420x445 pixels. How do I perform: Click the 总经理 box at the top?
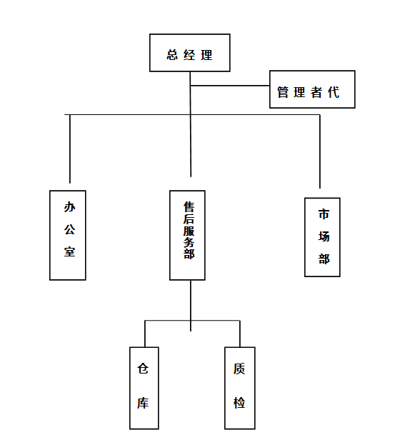tap(189, 53)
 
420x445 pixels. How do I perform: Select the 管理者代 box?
tap(312, 89)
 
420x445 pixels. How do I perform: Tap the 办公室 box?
tap(68, 235)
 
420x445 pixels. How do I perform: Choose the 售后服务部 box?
tap(187, 235)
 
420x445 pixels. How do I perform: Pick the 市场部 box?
tap(322, 237)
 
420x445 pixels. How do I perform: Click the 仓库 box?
tap(144, 388)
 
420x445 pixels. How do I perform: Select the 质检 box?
tap(240, 388)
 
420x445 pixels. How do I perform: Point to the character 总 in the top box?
tap(172, 55)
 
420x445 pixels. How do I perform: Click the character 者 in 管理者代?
tap(316, 93)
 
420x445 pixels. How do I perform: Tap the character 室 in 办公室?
tap(69, 252)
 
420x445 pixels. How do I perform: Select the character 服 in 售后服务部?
tap(189, 231)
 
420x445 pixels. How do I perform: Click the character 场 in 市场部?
tap(324, 236)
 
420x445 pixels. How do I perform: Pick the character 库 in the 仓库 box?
tap(143, 403)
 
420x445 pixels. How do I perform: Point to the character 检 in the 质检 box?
tap(239, 403)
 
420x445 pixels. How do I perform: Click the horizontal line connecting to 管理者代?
tap(230, 86)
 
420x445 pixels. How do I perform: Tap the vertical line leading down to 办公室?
tap(70, 149)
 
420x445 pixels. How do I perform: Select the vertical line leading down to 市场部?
tap(320, 151)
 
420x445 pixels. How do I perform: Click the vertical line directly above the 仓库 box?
tap(145, 334)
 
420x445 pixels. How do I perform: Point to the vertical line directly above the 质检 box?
tap(240, 334)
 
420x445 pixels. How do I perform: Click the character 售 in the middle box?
tap(189, 207)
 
